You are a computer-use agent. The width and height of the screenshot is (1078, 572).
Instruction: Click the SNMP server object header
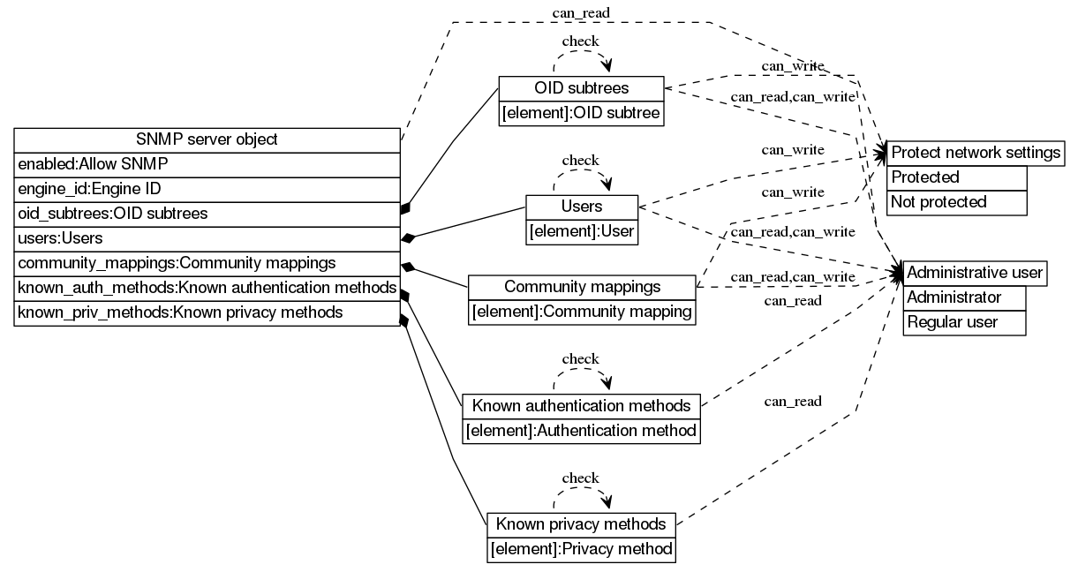click(x=207, y=139)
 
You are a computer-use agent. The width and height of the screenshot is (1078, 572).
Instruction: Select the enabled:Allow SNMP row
click(x=207, y=164)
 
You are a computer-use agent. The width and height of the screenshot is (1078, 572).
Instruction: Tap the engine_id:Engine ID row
click(x=207, y=189)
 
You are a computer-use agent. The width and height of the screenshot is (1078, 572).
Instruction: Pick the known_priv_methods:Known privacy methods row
click(x=207, y=312)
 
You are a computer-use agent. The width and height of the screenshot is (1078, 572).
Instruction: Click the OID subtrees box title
click(x=581, y=88)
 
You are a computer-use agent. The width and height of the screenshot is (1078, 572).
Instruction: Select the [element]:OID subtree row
click(x=581, y=113)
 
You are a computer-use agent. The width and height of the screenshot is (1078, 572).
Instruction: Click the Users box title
click(x=581, y=207)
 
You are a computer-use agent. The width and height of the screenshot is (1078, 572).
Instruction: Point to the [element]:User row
click(x=581, y=231)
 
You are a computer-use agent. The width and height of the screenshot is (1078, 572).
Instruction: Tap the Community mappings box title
click(x=582, y=288)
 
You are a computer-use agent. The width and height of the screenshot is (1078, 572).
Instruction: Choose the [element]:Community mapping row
click(x=582, y=312)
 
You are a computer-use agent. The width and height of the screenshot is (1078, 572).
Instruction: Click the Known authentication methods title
click(x=581, y=406)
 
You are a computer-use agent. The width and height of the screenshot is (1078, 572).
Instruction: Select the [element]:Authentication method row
click(x=581, y=431)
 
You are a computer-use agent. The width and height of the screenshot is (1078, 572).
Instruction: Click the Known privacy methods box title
click(x=582, y=524)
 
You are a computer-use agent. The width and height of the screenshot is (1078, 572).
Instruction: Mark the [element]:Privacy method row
click(x=582, y=549)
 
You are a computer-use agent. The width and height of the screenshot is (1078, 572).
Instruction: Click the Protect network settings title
click(x=976, y=153)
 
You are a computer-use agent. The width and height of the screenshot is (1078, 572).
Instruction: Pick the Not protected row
click(x=956, y=202)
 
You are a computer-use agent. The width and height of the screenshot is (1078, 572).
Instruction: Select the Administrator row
click(x=964, y=297)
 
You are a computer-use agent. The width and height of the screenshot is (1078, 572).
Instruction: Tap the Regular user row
click(x=964, y=322)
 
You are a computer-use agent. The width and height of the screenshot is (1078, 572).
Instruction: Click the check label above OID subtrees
click(x=580, y=41)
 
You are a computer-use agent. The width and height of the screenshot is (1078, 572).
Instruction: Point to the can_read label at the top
click(x=580, y=12)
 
